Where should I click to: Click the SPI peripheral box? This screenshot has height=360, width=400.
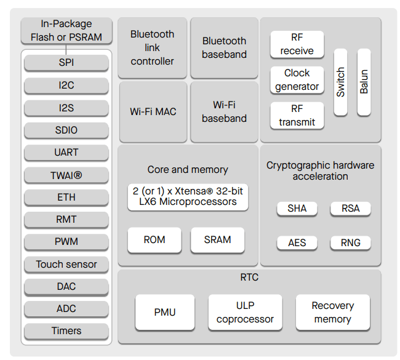[x=66, y=63]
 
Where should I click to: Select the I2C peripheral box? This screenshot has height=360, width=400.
[x=66, y=85]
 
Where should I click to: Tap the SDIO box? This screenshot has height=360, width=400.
[x=66, y=130]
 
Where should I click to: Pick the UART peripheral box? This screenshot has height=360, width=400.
[x=66, y=153]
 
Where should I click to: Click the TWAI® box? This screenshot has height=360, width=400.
[x=66, y=175]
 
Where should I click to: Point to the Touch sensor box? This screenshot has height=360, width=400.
[x=66, y=265]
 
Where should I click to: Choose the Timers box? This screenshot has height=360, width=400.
[x=66, y=331]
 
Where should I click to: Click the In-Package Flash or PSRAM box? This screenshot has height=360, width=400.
[x=66, y=31]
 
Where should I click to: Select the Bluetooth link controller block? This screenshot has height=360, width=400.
[x=153, y=48]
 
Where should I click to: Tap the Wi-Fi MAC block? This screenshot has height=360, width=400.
[x=153, y=112]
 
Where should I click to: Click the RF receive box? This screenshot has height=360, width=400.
[x=297, y=44]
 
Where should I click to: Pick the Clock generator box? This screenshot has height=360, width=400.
[x=297, y=80]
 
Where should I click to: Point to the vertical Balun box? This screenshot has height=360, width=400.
[x=364, y=82]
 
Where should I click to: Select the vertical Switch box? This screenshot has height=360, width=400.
[x=341, y=82]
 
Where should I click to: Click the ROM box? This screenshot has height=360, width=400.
[x=154, y=240]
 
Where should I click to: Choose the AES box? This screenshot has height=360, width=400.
[x=297, y=242]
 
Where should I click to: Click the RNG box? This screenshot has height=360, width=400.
[x=351, y=242]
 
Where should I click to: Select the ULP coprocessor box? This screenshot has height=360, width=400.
[x=245, y=313]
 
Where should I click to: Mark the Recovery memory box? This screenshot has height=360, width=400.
[x=333, y=313]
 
